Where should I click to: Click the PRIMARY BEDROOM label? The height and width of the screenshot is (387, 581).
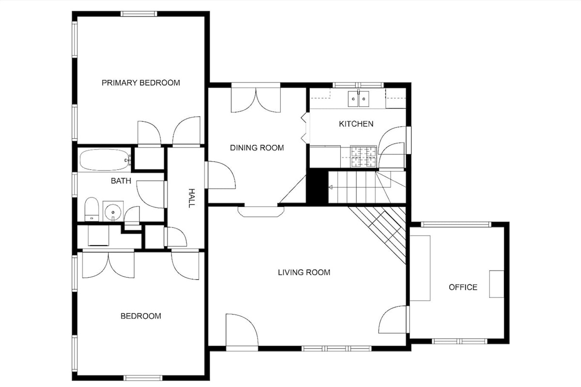pyautogui.click(x=140, y=83)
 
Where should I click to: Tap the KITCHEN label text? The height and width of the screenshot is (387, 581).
pyautogui.click(x=356, y=124)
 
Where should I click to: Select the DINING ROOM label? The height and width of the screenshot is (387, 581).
pyautogui.click(x=257, y=148)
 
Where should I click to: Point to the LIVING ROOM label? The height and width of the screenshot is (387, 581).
pyautogui.click(x=304, y=272)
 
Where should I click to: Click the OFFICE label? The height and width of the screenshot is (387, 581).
pyautogui.click(x=463, y=287)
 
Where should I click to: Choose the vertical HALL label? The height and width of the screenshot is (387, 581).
pyautogui.click(x=191, y=198)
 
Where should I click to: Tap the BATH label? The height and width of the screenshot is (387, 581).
pyautogui.click(x=121, y=180)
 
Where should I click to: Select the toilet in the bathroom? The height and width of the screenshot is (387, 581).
pyautogui.click(x=92, y=209)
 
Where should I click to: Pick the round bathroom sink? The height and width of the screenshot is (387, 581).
pyautogui.click(x=113, y=212)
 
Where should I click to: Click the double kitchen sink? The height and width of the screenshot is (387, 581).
pyautogui.click(x=358, y=99)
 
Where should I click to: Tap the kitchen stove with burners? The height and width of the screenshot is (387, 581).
pyautogui.click(x=363, y=156)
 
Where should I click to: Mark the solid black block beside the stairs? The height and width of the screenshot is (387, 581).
pyautogui.click(x=318, y=186)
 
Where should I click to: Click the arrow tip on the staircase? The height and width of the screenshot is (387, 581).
pyautogui.click(x=330, y=187)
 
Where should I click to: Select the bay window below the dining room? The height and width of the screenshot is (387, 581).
pyautogui.click(x=261, y=211)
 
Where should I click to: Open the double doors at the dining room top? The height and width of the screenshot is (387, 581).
pyautogui.click(x=256, y=100)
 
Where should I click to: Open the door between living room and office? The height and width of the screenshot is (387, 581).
pyautogui.click(x=393, y=319)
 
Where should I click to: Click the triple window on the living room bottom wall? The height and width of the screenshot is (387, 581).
pyautogui.click(x=336, y=348)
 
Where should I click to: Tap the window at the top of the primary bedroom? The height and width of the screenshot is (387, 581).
pyautogui.click(x=139, y=14)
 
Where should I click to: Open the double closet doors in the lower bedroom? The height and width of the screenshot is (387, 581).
pyautogui.click(x=108, y=265)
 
